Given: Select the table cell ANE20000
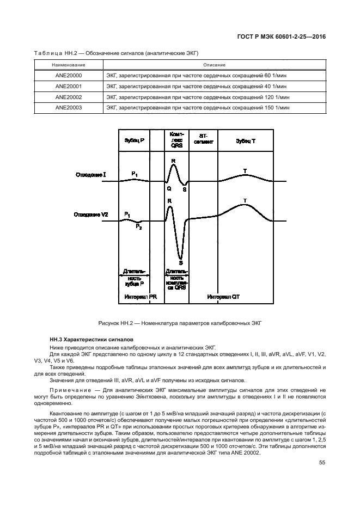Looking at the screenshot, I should click(x=69, y=76).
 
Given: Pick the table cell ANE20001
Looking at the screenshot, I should click(x=69, y=87).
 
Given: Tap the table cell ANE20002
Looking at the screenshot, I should click(x=69, y=97).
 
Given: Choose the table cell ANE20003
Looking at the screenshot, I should click(x=69, y=108).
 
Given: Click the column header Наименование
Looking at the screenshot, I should click(x=69, y=65).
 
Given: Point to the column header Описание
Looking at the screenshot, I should click(x=214, y=65).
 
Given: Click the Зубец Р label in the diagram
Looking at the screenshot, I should click(x=134, y=140).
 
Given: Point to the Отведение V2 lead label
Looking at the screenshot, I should click(x=91, y=215).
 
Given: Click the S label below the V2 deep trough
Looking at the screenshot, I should click(x=180, y=262).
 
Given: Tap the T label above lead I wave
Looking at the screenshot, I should click(x=245, y=171).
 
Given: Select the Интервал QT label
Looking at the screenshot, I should click(x=223, y=297).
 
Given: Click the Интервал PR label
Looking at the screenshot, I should click(x=141, y=297).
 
